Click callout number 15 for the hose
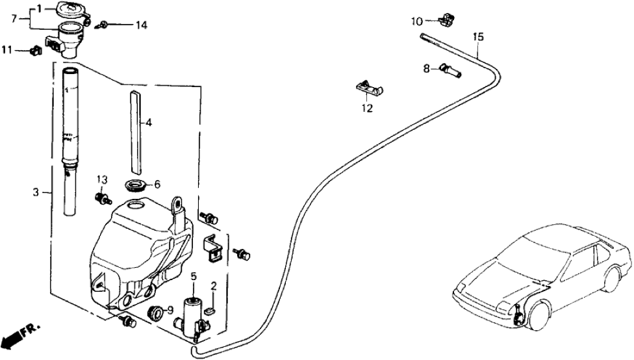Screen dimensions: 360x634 click(x=478, y=38)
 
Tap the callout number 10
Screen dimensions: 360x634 click(x=416, y=21)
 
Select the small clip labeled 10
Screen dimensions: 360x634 click(x=445, y=19)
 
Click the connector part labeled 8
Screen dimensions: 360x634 click(x=450, y=68)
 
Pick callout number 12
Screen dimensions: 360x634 click(x=368, y=109)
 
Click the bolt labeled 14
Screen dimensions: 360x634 click(x=103, y=25)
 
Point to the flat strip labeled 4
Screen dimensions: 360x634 click(x=134, y=130)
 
